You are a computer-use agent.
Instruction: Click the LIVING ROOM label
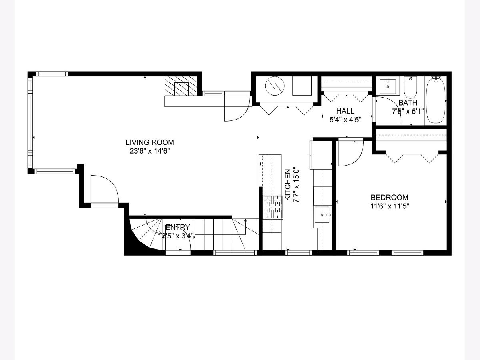point(150,142)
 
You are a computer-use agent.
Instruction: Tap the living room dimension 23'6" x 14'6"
point(150,151)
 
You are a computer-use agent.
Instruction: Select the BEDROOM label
point(390,197)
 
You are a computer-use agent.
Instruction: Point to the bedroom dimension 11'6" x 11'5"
point(390,206)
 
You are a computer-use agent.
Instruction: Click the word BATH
point(408,102)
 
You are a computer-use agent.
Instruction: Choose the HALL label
point(345,111)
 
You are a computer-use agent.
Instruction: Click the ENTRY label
point(178,227)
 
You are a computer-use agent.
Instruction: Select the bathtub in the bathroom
point(436,101)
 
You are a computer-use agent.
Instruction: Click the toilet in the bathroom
point(410,88)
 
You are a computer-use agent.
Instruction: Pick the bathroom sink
point(388,86)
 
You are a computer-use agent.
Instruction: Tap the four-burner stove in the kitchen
point(273,207)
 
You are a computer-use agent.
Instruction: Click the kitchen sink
point(322,215)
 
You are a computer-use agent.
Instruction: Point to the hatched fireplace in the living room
point(181,86)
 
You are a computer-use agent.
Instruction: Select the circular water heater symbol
point(275,86)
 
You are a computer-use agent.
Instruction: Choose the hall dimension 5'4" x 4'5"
point(345,120)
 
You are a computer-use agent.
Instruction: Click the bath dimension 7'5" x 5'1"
point(408,112)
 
